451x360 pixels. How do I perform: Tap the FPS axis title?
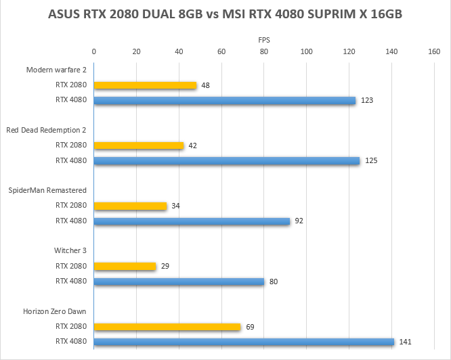[x=263, y=40]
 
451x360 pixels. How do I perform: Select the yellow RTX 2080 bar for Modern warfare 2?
[x=145, y=86]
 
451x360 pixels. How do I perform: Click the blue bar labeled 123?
[x=224, y=100]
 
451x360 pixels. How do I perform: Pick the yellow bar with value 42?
[x=139, y=145]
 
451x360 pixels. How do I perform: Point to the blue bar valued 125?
[x=226, y=160]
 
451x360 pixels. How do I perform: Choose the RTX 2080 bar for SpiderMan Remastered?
[x=130, y=206]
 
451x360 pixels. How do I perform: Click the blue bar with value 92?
[x=192, y=221]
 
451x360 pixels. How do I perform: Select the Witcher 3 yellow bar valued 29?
[x=125, y=266]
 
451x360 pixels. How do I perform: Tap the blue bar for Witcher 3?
[x=179, y=281]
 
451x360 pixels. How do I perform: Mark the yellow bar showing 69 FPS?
[x=167, y=327]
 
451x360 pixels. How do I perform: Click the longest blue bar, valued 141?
[x=244, y=342]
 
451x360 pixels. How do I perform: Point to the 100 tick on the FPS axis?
[x=306, y=51]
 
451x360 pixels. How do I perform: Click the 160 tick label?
[x=434, y=51]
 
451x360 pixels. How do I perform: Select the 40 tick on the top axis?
[x=179, y=51]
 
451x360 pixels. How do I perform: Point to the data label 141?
[x=405, y=342]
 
